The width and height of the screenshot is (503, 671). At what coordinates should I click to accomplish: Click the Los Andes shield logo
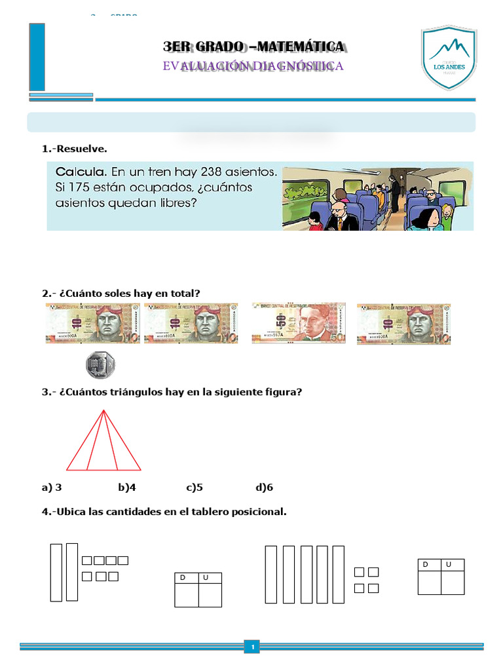point(449,58)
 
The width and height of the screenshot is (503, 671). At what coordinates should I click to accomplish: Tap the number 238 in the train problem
point(218,172)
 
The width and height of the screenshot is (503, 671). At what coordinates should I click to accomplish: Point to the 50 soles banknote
point(299,323)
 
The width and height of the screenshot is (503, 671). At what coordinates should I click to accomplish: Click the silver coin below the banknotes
point(100,364)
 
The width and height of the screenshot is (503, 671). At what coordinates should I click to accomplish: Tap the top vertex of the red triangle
point(103,410)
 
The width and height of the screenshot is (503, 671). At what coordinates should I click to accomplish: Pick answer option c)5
point(195,488)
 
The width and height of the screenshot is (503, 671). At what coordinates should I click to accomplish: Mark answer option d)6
point(264,488)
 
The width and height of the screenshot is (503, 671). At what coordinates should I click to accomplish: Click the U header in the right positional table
point(449,564)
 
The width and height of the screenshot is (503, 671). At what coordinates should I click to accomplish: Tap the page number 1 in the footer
point(251,647)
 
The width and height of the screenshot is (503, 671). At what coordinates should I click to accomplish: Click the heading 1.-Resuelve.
point(74,149)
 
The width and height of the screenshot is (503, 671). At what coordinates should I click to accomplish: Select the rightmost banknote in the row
point(403,323)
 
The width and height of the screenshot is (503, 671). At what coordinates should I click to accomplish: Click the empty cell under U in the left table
point(210,595)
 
